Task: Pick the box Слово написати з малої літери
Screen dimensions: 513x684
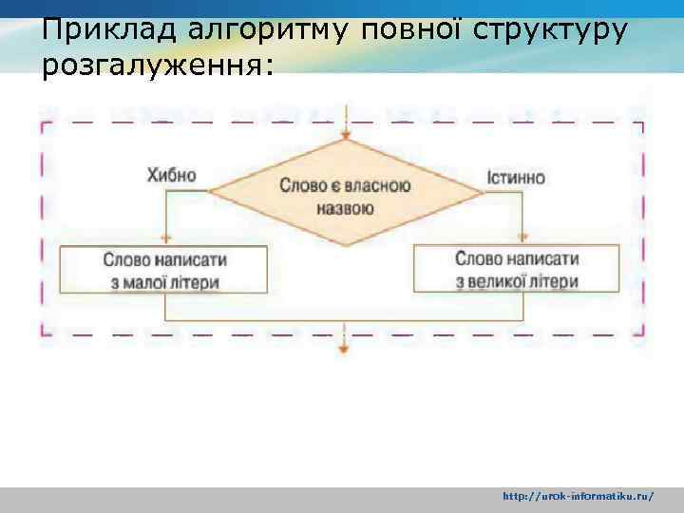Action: coord(163,270)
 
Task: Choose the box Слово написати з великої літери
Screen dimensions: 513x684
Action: coord(516,269)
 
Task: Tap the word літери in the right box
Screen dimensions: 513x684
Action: coord(556,281)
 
